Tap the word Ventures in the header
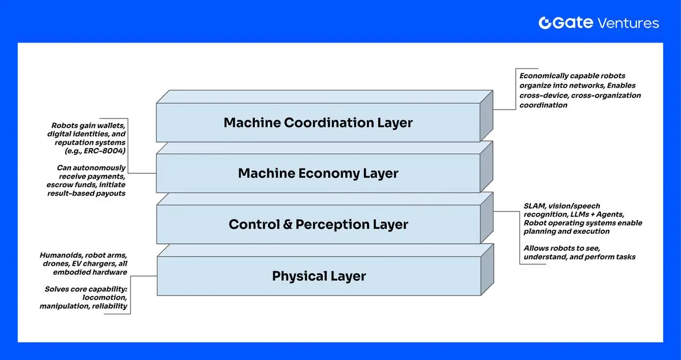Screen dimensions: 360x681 pos(628,23)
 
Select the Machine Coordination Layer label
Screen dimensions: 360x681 pos(318,123)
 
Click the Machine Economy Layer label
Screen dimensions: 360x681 pos(318,173)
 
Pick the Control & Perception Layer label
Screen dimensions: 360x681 pos(318,224)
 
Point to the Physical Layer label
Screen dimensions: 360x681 pos(319,276)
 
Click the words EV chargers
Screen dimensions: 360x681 pos(92,264)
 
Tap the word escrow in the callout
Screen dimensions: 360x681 pos(59,185)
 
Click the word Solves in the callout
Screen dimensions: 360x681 pos(57,289)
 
